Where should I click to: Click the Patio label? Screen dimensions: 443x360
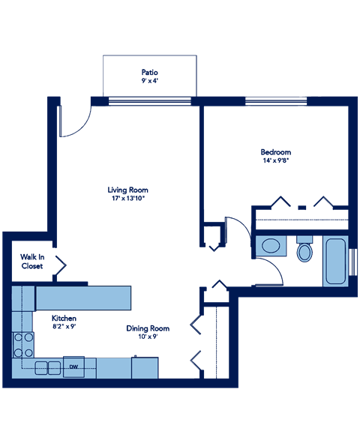[150, 72]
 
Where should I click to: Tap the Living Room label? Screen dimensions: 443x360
[127, 190]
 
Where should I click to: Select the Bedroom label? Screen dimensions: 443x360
[276, 152]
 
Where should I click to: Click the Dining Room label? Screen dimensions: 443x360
[148, 328]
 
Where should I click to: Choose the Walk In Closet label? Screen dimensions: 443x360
[31, 262]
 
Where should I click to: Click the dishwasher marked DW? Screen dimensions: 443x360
[73, 367]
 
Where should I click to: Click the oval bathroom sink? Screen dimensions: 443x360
[270, 246]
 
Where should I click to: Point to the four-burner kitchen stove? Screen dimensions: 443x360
[24, 345]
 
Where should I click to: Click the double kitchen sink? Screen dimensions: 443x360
[47, 367]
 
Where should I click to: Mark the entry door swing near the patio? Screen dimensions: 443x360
[73, 121]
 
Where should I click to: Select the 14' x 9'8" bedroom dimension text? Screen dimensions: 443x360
[276, 160]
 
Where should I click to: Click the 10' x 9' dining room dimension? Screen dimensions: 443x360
[148, 337]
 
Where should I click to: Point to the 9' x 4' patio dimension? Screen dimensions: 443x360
[150, 80]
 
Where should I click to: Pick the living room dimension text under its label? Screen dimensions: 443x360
[127, 199]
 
